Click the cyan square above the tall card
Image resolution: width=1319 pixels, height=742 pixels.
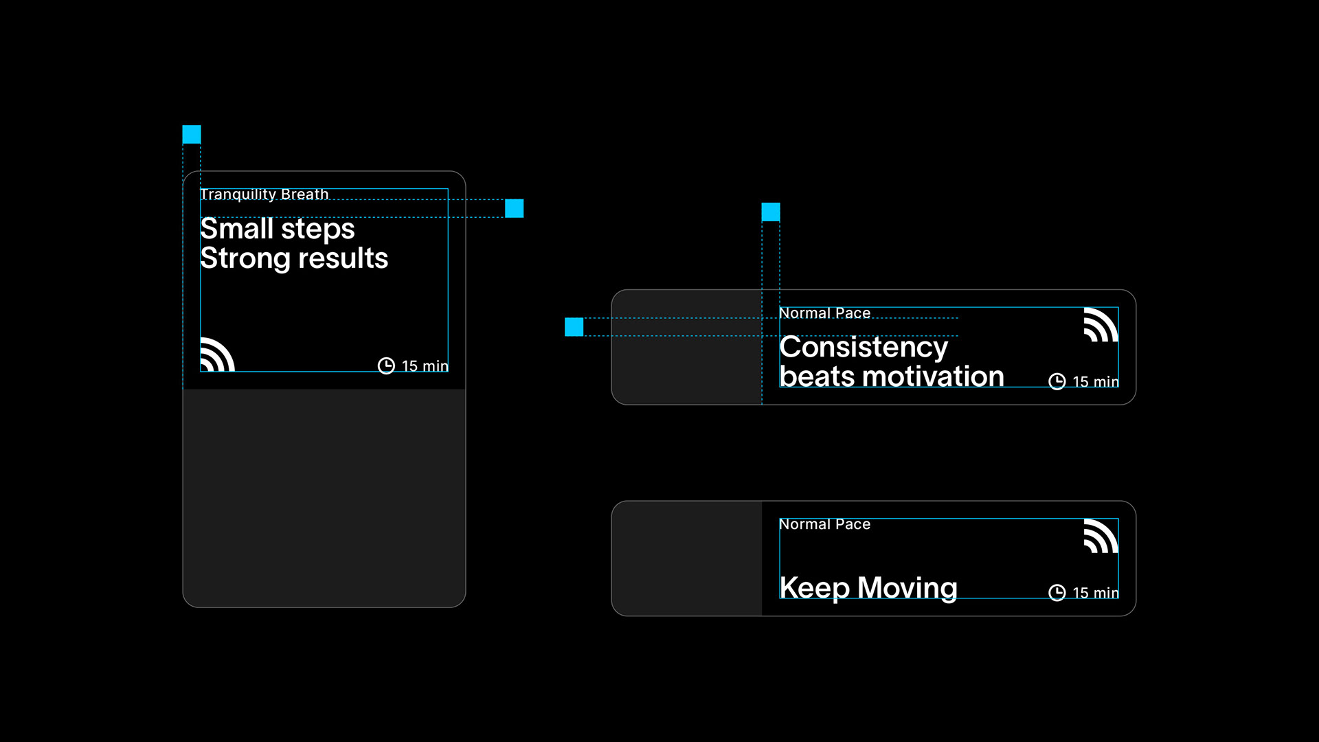[192, 134]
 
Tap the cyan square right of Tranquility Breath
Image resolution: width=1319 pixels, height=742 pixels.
[514, 208]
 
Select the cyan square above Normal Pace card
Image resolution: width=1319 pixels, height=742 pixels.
[771, 212]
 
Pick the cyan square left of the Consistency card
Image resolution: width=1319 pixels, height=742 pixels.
[574, 327]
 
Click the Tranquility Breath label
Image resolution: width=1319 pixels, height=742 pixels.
[264, 194]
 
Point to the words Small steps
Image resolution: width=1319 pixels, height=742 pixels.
[278, 229]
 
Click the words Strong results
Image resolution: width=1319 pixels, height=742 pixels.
[294, 259]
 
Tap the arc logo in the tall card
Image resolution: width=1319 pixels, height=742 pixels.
[217, 355]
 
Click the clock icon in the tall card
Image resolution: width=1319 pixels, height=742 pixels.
[387, 366]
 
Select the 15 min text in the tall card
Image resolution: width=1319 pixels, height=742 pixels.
[425, 366]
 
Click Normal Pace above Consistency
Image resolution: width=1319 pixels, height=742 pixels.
[824, 313]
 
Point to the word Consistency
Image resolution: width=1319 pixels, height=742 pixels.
[864, 348]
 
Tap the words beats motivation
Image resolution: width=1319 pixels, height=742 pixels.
[892, 377]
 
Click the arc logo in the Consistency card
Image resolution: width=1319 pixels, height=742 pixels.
[1101, 324]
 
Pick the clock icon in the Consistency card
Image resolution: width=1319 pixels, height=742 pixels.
[1057, 381]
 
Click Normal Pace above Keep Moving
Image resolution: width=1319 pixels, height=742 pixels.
[824, 524]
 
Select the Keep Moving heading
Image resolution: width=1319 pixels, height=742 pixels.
[868, 588]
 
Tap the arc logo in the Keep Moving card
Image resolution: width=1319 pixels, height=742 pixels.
[1101, 536]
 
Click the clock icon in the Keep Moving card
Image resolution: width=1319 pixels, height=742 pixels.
[1057, 592]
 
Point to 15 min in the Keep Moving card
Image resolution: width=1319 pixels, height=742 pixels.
[1095, 593]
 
